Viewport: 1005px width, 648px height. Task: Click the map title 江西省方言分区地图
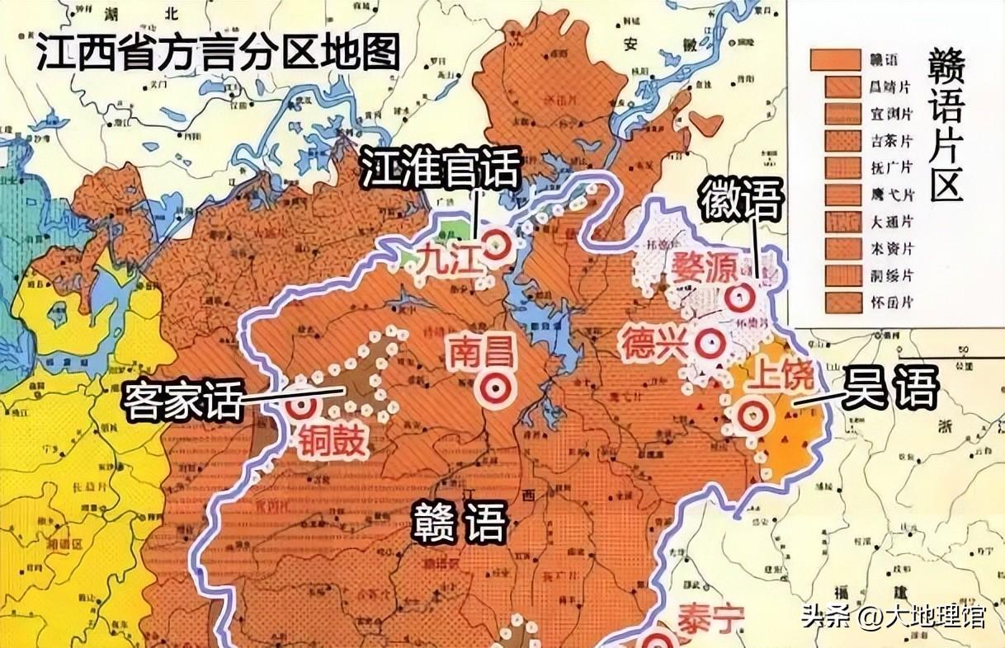pyautogui.click(x=217, y=54)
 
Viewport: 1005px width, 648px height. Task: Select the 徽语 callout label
pyautogui.click(x=740, y=200)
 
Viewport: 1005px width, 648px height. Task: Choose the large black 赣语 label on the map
pyautogui.click(x=459, y=522)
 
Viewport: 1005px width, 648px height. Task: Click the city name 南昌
pyautogui.click(x=482, y=352)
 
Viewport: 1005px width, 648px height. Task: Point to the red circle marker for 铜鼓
pyautogui.click(x=302, y=404)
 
